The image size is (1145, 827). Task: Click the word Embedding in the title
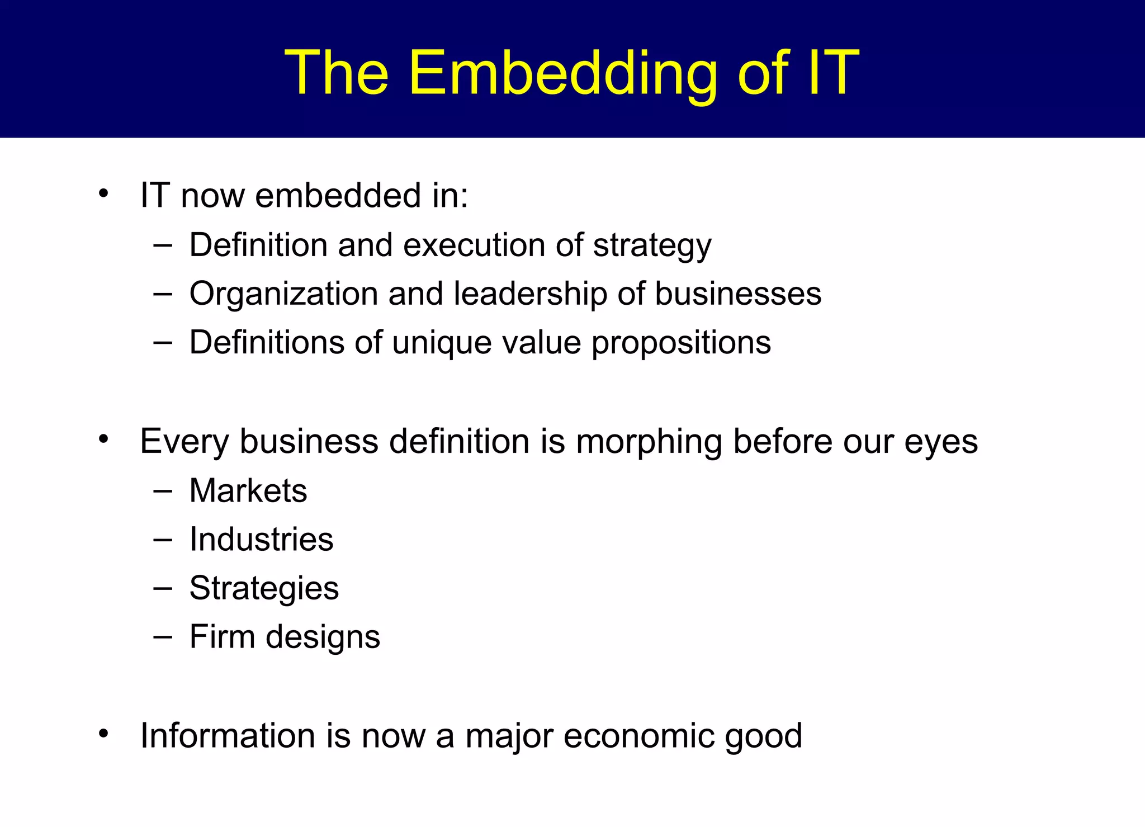[x=563, y=74]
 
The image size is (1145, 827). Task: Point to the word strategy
[x=652, y=246]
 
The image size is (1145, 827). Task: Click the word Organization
[x=284, y=294]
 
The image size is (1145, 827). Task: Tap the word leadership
[x=530, y=294]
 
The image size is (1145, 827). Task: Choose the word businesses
[x=738, y=294]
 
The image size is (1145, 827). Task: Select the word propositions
[x=681, y=343]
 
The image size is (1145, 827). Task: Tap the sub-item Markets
[x=248, y=490]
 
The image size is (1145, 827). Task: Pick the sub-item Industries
[x=261, y=539]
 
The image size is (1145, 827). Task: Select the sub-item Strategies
[x=264, y=589]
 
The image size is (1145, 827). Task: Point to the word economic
[x=638, y=736]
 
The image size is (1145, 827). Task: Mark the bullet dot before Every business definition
[x=103, y=440]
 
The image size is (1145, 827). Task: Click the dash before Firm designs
[x=162, y=636]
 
